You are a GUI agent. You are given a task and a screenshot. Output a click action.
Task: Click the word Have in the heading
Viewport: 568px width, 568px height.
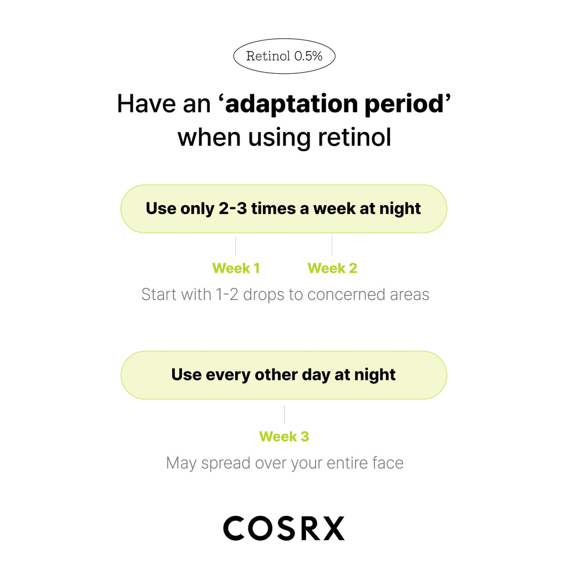(146, 104)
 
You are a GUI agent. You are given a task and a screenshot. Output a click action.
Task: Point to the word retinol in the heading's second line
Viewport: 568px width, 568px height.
(354, 138)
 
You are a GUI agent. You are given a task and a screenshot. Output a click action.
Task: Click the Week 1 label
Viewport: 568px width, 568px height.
(236, 268)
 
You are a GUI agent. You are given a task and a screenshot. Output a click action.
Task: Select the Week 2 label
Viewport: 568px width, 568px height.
(332, 268)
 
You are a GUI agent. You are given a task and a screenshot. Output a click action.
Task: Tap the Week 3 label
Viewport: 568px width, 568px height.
(284, 437)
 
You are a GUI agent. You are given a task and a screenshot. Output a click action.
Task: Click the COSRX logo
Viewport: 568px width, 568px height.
(284, 528)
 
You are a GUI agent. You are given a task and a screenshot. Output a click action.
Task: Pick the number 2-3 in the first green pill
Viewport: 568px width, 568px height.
(232, 209)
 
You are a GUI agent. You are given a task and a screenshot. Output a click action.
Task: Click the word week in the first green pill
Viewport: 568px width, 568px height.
(334, 209)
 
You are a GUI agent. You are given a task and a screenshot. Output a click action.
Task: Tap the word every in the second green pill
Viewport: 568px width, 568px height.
(228, 374)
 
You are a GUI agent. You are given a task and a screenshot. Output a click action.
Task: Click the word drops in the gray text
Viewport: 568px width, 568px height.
(263, 295)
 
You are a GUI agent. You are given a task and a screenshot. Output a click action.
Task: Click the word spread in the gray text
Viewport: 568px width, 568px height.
(226, 463)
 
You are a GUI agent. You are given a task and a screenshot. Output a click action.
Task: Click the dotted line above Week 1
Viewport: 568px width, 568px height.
(235, 246)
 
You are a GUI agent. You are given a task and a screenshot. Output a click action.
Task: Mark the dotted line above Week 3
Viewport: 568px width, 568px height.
(285, 414)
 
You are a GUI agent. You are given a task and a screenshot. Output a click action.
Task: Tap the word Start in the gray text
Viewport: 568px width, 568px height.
(158, 295)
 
